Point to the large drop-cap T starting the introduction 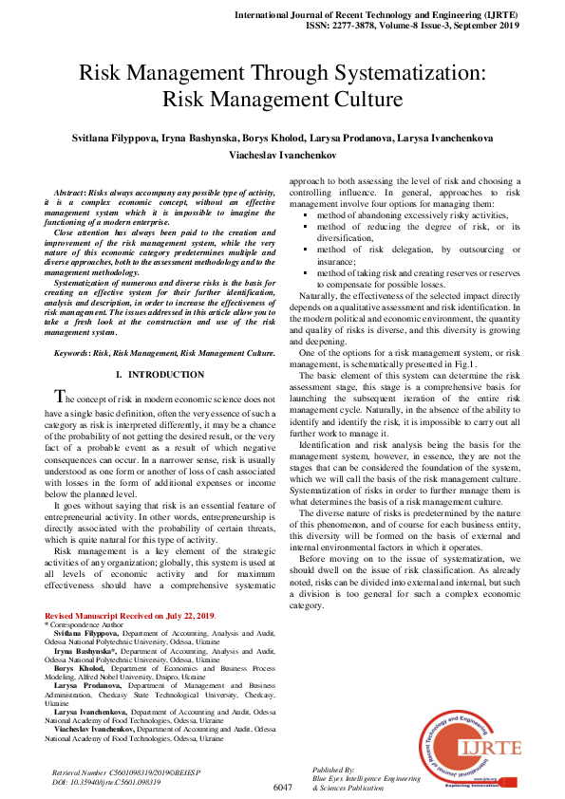(x=61, y=397)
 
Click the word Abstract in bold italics (x=73, y=193)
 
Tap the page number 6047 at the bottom (x=283, y=788)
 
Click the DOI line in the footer (x=105, y=782)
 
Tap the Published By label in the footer (x=333, y=770)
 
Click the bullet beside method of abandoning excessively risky (x=305, y=216)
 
